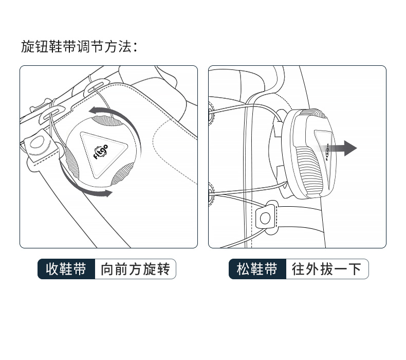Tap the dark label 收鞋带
[x=66, y=269]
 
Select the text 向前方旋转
[x=135, y=269]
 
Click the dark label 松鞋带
[x=257, y=269]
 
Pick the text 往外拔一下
[x=326, y=269]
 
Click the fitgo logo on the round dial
[x=101, y=152]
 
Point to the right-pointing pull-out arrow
[x=337, y=148]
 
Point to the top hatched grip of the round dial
[x=108, y=120]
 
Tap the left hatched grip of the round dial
[x=71, y=162]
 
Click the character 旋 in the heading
[x=27, y=47]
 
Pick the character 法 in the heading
[x=125, y=47]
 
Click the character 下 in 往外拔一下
[x=355, y=269]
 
